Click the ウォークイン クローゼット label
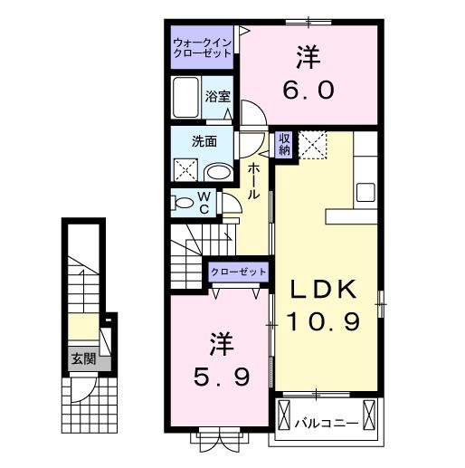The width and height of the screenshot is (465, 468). [204, 47]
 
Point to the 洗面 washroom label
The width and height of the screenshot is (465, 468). [203, 141]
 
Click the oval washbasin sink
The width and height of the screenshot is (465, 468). [217, 171]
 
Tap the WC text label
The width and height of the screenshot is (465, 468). [205, 202]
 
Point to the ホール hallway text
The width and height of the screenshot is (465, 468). [254, 181]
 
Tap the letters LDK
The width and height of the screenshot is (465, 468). [327, 291]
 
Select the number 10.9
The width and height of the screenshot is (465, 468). [327, 321]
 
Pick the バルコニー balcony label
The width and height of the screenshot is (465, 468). [325, 422]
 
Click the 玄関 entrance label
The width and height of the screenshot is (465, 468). [81, 358]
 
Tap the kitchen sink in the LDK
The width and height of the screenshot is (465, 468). [365, 193]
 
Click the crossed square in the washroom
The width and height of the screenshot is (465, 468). [186, 169]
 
